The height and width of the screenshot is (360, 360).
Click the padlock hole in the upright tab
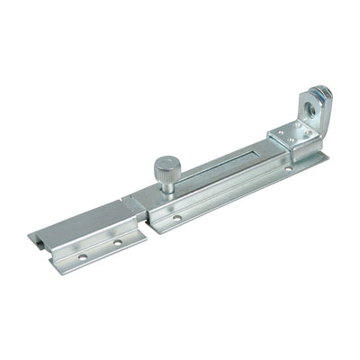(312, 103)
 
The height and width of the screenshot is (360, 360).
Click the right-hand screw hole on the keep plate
(117, 240)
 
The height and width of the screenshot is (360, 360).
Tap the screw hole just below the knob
(177, 216)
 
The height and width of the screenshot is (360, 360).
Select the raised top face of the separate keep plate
(85, 225)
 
